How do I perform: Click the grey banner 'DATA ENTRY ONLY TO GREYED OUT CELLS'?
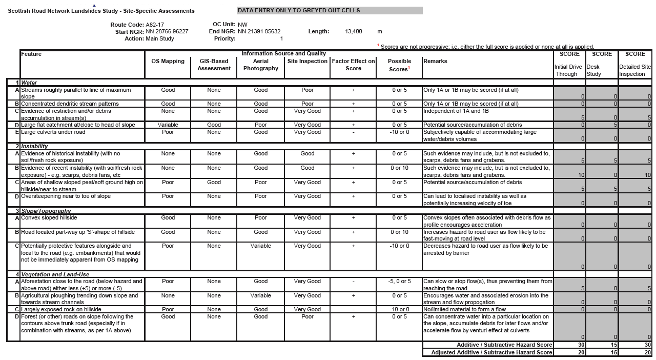330,10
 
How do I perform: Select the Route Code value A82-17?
155,24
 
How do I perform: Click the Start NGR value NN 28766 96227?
167,31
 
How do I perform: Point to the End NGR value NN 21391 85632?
259,31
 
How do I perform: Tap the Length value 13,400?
353,31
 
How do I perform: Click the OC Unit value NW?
242,24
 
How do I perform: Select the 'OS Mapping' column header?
168,61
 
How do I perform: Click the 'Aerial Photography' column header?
260,65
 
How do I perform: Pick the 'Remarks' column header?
435,61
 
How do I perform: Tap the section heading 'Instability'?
34,146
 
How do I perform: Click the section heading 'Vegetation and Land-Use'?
53,274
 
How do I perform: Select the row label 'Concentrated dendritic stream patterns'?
70,104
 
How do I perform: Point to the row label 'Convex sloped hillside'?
49,217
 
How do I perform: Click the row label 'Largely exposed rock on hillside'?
61,309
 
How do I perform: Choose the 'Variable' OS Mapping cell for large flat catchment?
168,125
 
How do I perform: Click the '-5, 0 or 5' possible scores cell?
399,281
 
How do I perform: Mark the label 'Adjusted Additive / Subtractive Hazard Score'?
491,352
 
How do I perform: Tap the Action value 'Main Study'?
159,38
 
